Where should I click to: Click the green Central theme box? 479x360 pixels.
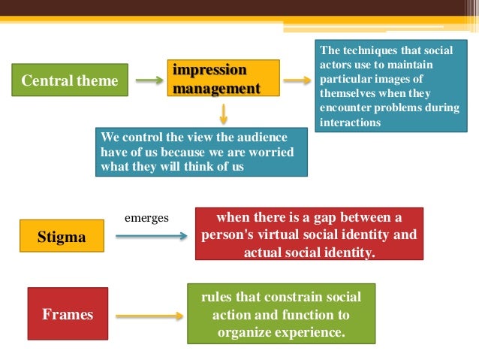point(70,80)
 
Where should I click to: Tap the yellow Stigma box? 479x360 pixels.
point(62,237)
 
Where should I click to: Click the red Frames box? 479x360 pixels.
point(68,314)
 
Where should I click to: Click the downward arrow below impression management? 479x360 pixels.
point(223,113)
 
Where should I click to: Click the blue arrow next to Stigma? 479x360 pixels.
point(151,237)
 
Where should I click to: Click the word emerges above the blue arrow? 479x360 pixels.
point(146,218)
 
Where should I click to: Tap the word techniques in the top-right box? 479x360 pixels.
point(368,50)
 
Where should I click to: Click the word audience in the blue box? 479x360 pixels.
point(263,137)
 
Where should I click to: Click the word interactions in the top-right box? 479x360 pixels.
point(350,123)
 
